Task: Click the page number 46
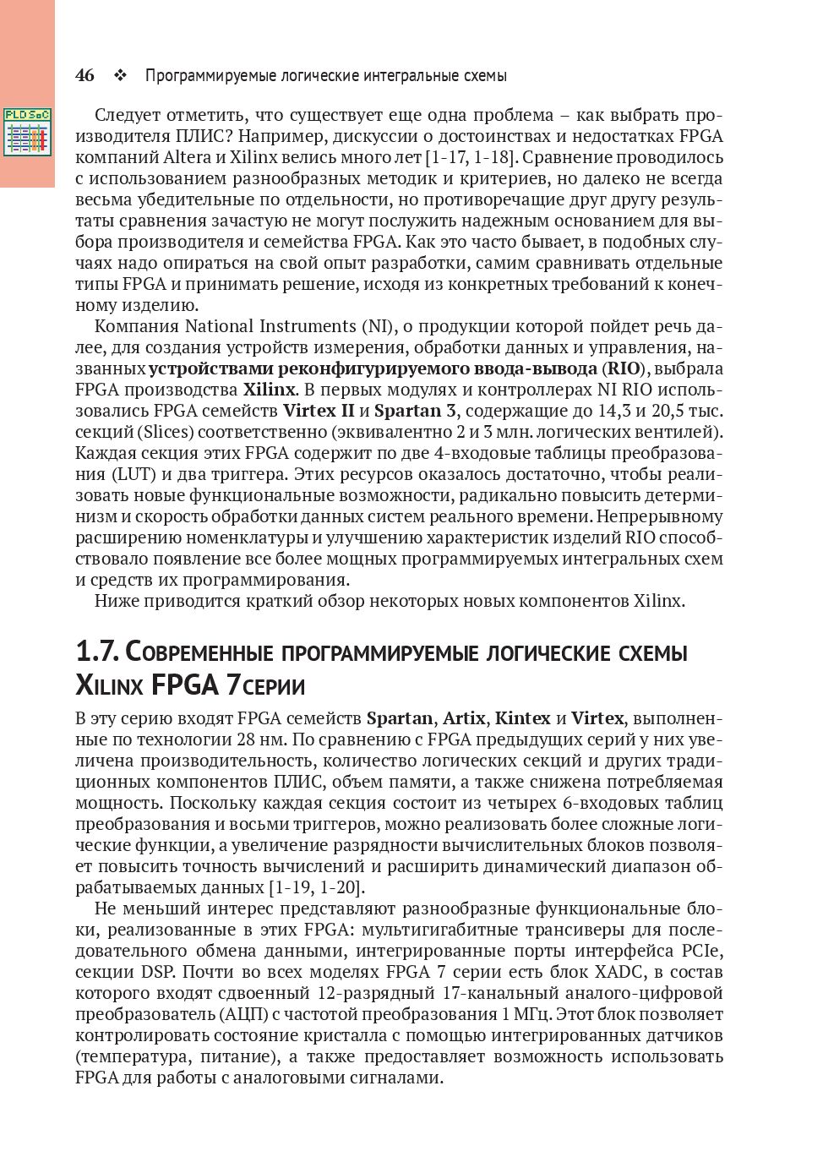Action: (x=84, y=75)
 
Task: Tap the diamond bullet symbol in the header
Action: (x=119, y=75)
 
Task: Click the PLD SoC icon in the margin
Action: (x=27, y=131)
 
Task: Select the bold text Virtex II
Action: (x=319, y=411)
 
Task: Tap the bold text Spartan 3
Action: (x=408, y=411)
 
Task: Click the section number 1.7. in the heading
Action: (x=98, y=652)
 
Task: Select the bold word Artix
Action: (x=464, y=718)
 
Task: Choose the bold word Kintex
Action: (x=522, y=718)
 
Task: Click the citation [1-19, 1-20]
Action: (x=316, y=887)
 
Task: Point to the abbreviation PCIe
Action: (x=706, y=951)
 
